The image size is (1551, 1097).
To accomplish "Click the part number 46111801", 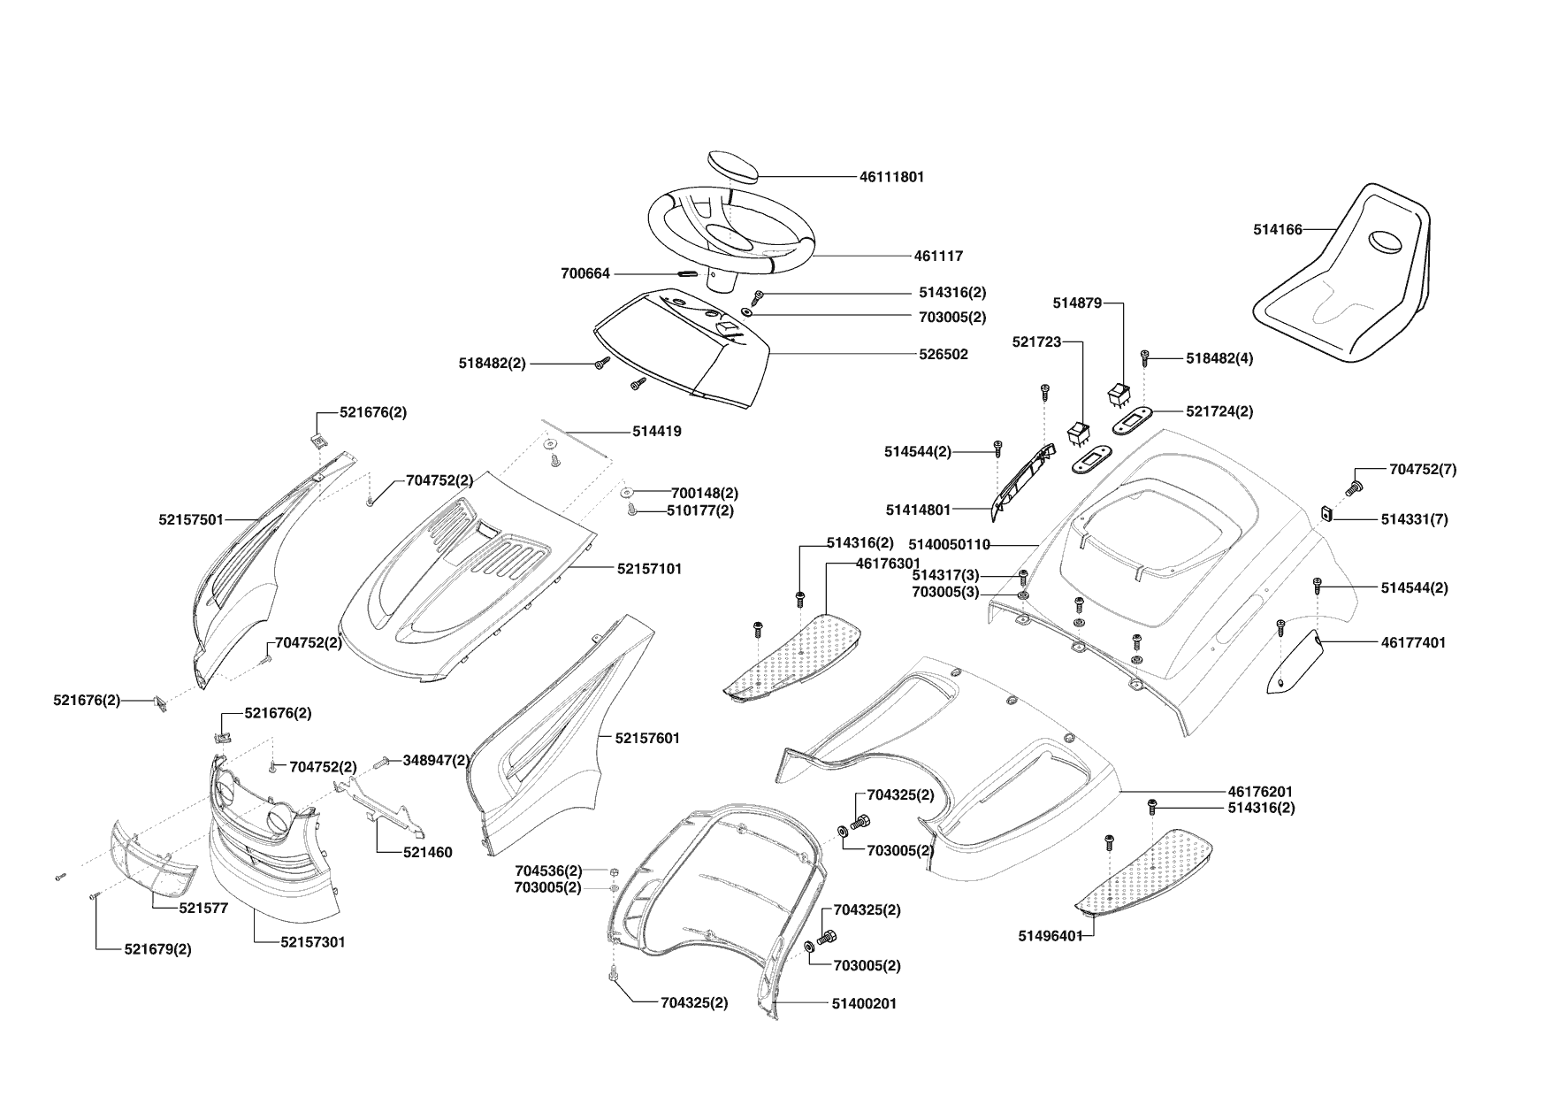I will click(x=891, y=177).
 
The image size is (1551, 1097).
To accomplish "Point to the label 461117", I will click(x=938, y=256).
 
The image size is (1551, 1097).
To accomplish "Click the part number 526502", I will click(x=944, y=355).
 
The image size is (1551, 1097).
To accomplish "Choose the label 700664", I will click(x=585, y=274).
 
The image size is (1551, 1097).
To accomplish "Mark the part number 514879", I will click(x=1077, y=303).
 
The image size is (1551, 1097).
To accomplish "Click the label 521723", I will click(x=1036, y=341).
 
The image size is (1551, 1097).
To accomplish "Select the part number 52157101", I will click(x=649, y=569).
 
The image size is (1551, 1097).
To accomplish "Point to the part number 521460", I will click(x=427, y=853).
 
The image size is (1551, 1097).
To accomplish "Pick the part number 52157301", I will click(x=313, y=942).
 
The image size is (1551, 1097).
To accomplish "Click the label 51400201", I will click(x=864, y=1004).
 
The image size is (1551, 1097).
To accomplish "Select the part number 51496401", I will click(x=1051, y=936).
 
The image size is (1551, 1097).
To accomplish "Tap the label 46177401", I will click(x=1413, y=642).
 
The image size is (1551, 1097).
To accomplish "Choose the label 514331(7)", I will click(x=1414, y=519).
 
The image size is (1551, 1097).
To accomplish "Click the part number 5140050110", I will click(x=949, y=545).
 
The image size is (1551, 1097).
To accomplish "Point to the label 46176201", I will click(x=1260, y=791).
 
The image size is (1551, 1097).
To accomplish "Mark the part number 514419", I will click(x=656, y=432).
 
